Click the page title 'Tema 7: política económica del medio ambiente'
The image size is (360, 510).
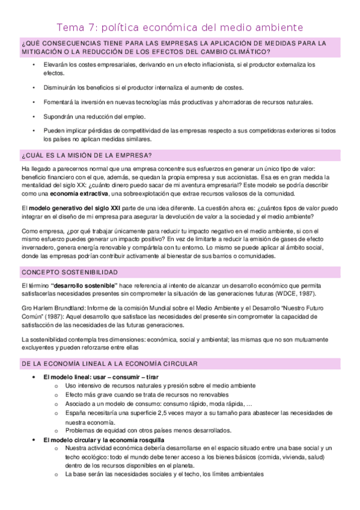180,27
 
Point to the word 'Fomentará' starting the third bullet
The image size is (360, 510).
58,102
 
